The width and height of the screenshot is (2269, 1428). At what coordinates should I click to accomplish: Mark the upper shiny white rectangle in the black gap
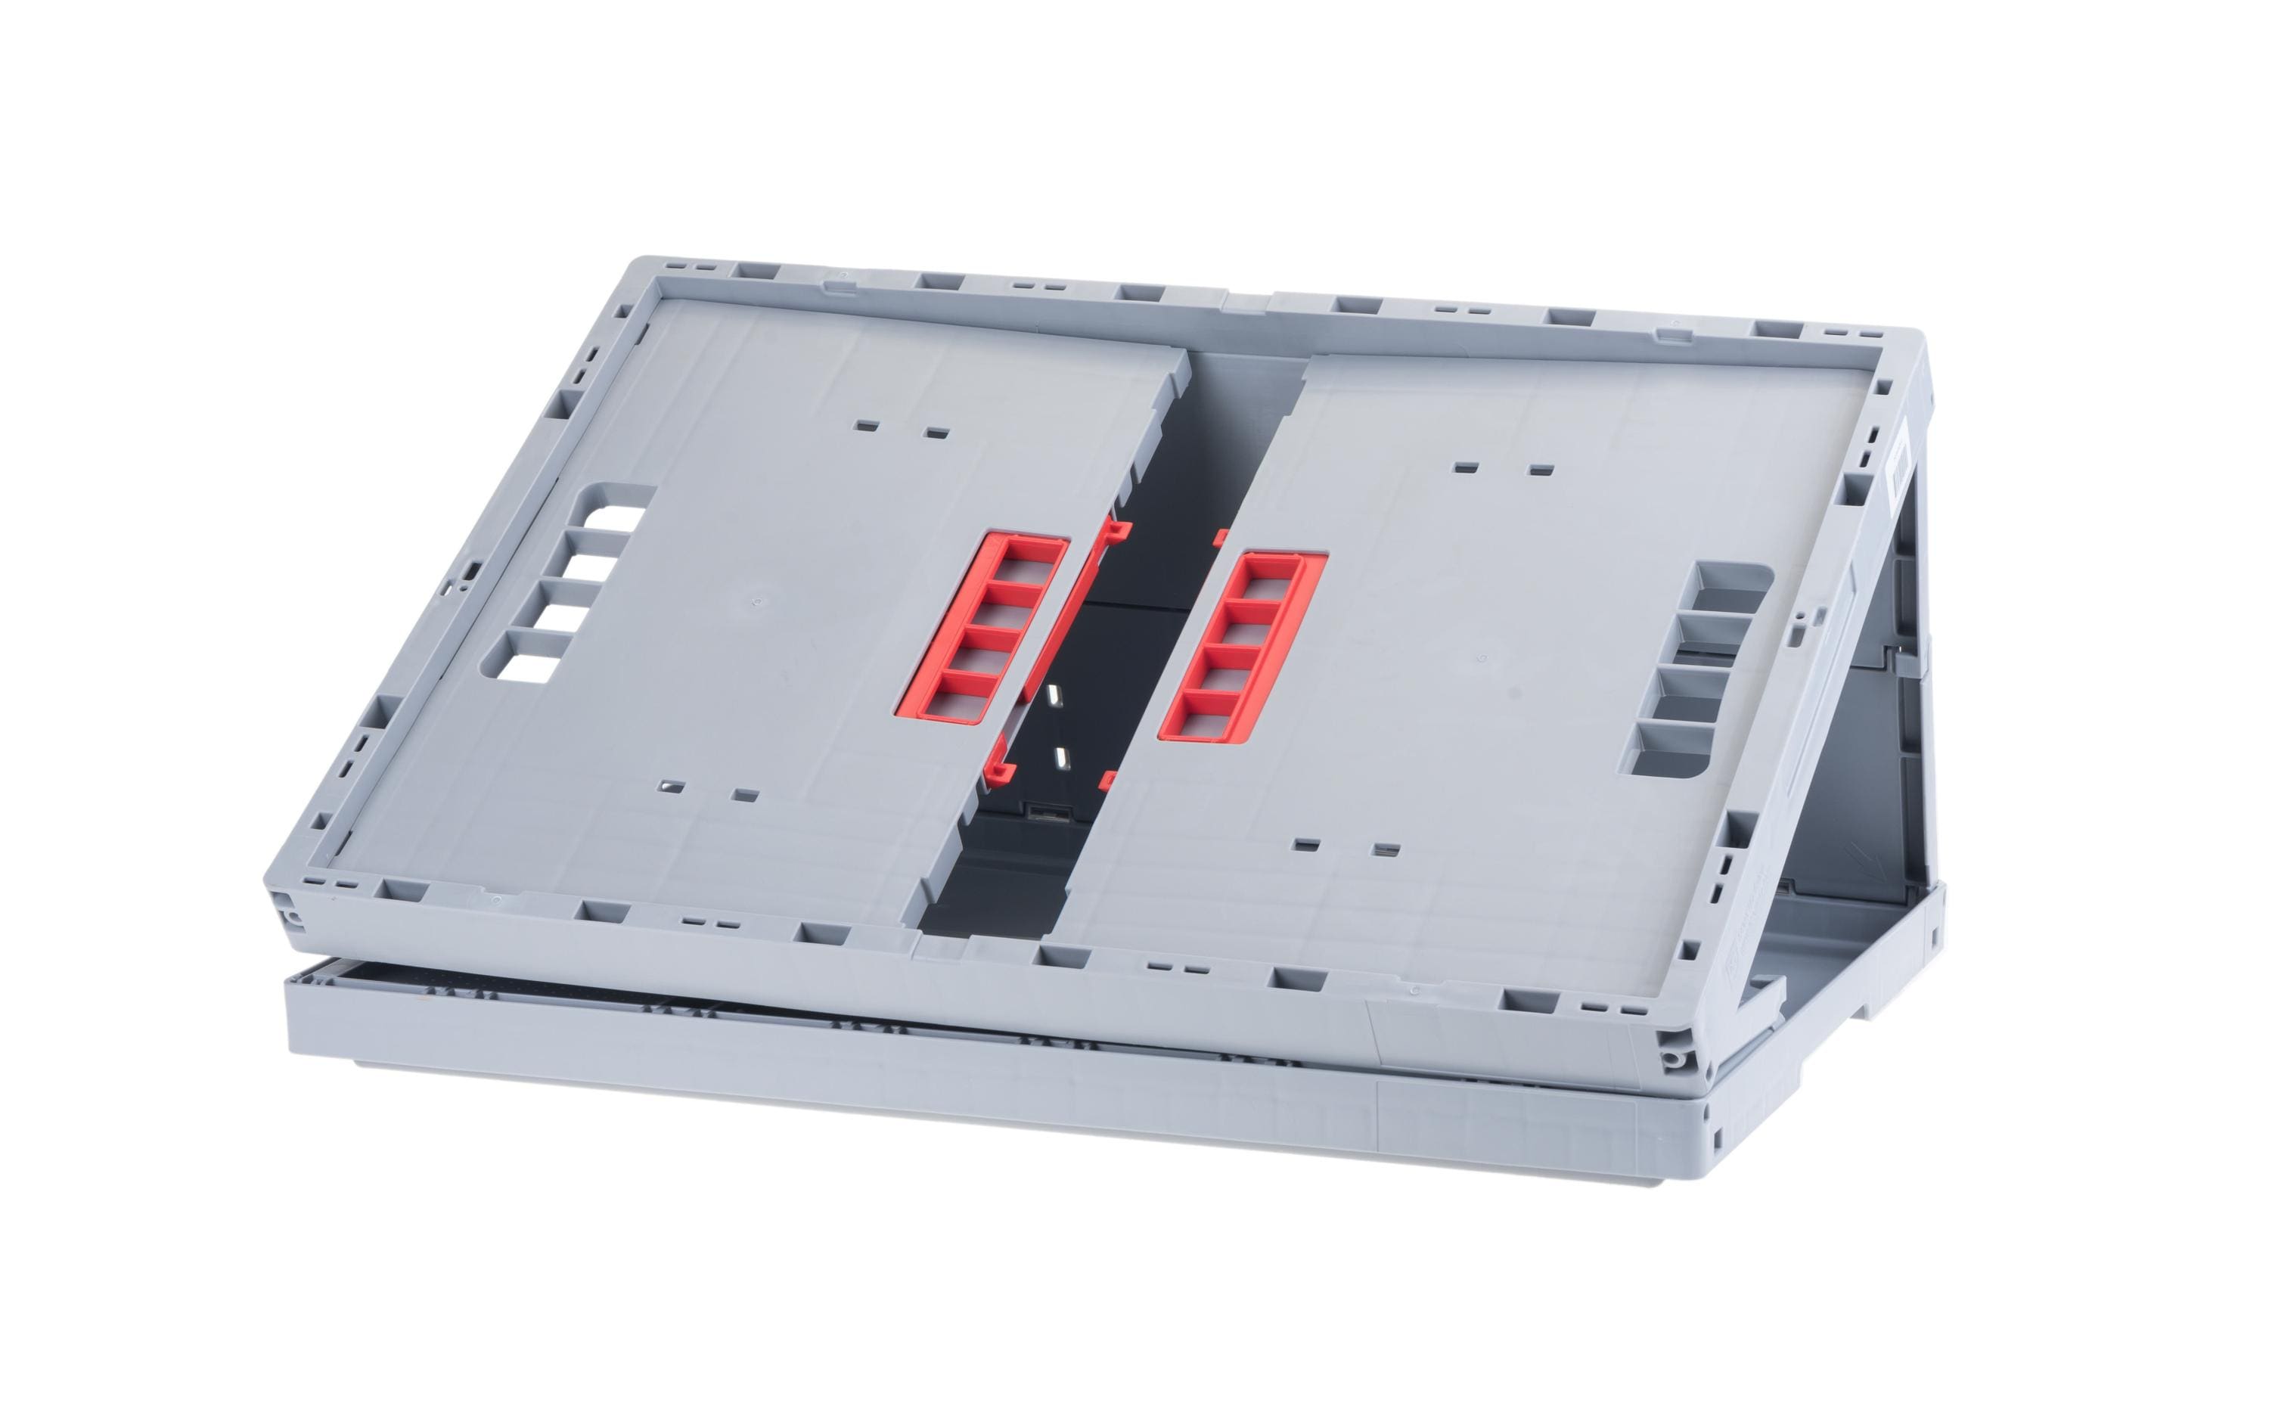click(1054, 697)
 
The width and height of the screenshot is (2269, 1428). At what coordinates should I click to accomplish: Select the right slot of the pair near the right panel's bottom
click(1383, 849)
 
